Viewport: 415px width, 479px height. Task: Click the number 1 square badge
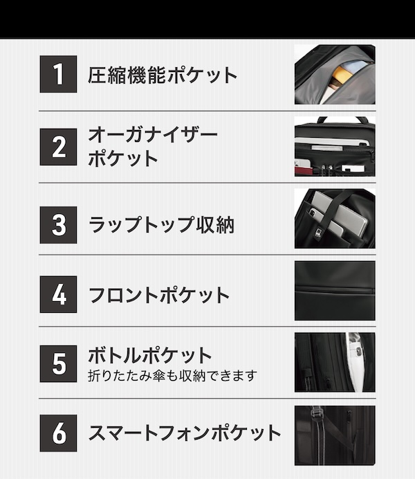tap(59, 75)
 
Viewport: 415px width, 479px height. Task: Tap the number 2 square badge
tap(59, 147)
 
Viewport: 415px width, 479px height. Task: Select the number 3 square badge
tap(59, 223)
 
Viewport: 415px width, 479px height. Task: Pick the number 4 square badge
tap(59, 294)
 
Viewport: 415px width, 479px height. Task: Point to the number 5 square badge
tap(59, 363)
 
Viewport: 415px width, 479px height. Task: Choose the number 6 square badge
tap(59, 433)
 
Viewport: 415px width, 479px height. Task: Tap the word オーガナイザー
tap(152, 134)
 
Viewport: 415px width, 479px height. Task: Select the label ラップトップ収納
tap(161, 224)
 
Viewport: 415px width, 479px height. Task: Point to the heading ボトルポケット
tap(149, 356)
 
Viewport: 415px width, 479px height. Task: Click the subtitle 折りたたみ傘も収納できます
tap(172, 376)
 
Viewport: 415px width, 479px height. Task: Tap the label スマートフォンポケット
tap(185, 434)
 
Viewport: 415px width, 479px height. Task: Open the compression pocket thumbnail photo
tap(335, 75)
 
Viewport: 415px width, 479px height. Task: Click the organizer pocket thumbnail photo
tap(335, 147)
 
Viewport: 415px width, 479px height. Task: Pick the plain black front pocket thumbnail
tap(335, 291)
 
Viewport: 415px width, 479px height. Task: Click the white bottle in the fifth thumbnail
tap(355, 363)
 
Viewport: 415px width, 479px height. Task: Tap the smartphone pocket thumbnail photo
tap(335, 435)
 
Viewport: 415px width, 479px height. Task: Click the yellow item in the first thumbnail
tap(342, 73)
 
